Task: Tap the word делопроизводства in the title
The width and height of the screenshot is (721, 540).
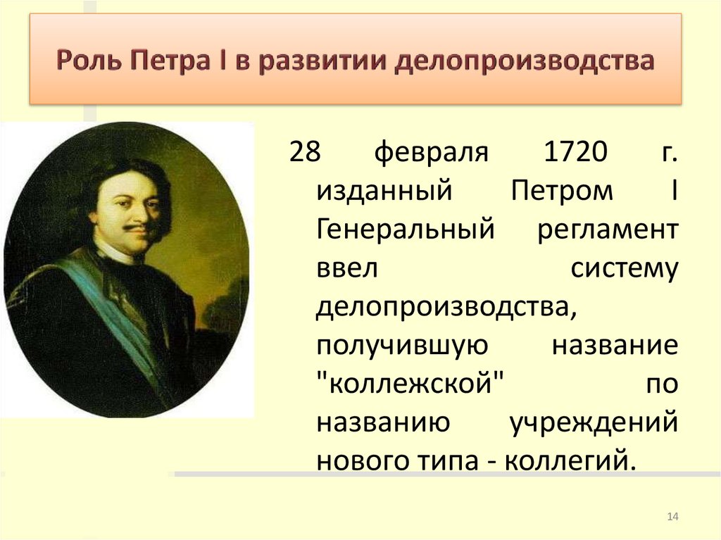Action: (x=523, y=61)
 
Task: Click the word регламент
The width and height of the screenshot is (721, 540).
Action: (x=607, y=230)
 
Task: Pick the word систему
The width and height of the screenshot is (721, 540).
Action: (x=624, y=269)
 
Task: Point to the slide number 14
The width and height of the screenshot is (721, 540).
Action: (x=672, y=517)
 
